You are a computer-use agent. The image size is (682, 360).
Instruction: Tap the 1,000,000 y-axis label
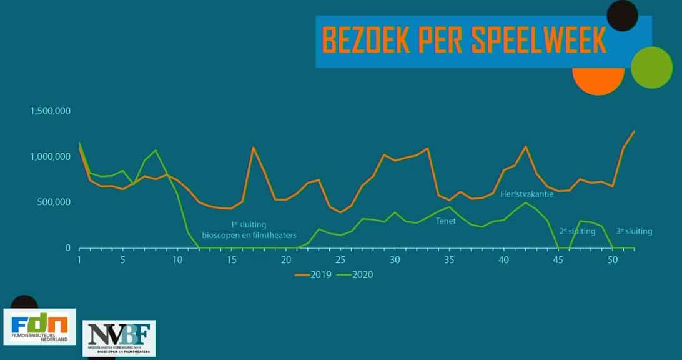(x=52, y=157)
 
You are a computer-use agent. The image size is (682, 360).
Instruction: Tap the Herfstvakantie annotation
(x=526, y=194)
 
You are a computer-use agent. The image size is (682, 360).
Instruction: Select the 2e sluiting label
(x=577, y=231)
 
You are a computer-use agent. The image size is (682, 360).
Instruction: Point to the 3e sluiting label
(x=634, y=231)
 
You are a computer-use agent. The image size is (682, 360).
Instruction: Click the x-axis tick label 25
(x=340, y=260)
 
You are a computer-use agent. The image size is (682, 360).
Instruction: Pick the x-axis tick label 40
(x=503, y=260)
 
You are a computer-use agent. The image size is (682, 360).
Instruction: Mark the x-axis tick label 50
(x=612, y=260)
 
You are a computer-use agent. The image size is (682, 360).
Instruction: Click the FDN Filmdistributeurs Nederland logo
(x=39, y=326)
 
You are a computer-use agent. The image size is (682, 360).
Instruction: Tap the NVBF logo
(x=119, y=338)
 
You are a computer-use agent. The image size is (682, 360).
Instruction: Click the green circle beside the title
(x=651, y=67)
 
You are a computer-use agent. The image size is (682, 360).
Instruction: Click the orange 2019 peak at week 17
(x=253, y=148)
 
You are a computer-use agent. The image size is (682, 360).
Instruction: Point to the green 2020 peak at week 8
(x=156, y=151)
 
